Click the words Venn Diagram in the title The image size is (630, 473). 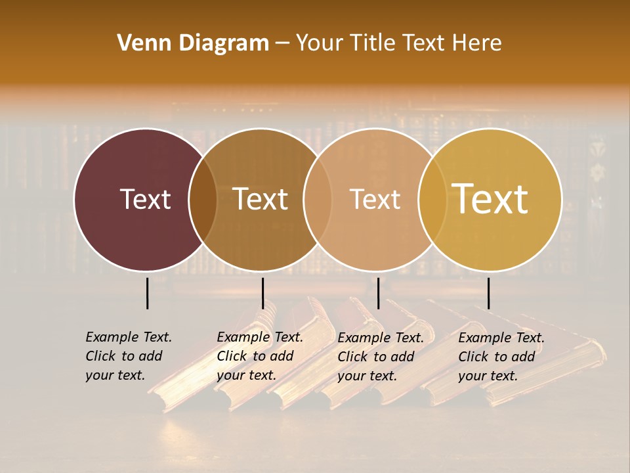click(x=193, y=43)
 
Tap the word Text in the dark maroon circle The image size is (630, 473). click(x=145, y=199)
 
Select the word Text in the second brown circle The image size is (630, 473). click(x=261, y=199)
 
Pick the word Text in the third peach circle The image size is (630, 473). click(x=375, y=199)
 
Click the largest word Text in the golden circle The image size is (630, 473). click(x=490, y=198)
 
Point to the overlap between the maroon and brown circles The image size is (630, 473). click(x=203, y=200)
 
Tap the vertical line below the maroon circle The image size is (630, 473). click(x=148, y=293)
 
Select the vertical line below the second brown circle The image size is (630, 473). click(x=262, y=293)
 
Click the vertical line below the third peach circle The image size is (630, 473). click(x=378, y=293)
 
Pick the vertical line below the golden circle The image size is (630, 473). click(x=488, y=293)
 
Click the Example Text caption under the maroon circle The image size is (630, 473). click(x=129, y=356)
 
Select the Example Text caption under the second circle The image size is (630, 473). click(x=260, y=356)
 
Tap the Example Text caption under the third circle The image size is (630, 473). click(x=381, y=357)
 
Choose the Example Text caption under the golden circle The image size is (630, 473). click(x=501, y=357)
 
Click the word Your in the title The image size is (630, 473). click(x=320, y=43)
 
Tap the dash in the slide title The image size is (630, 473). click(x=282, y=43)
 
